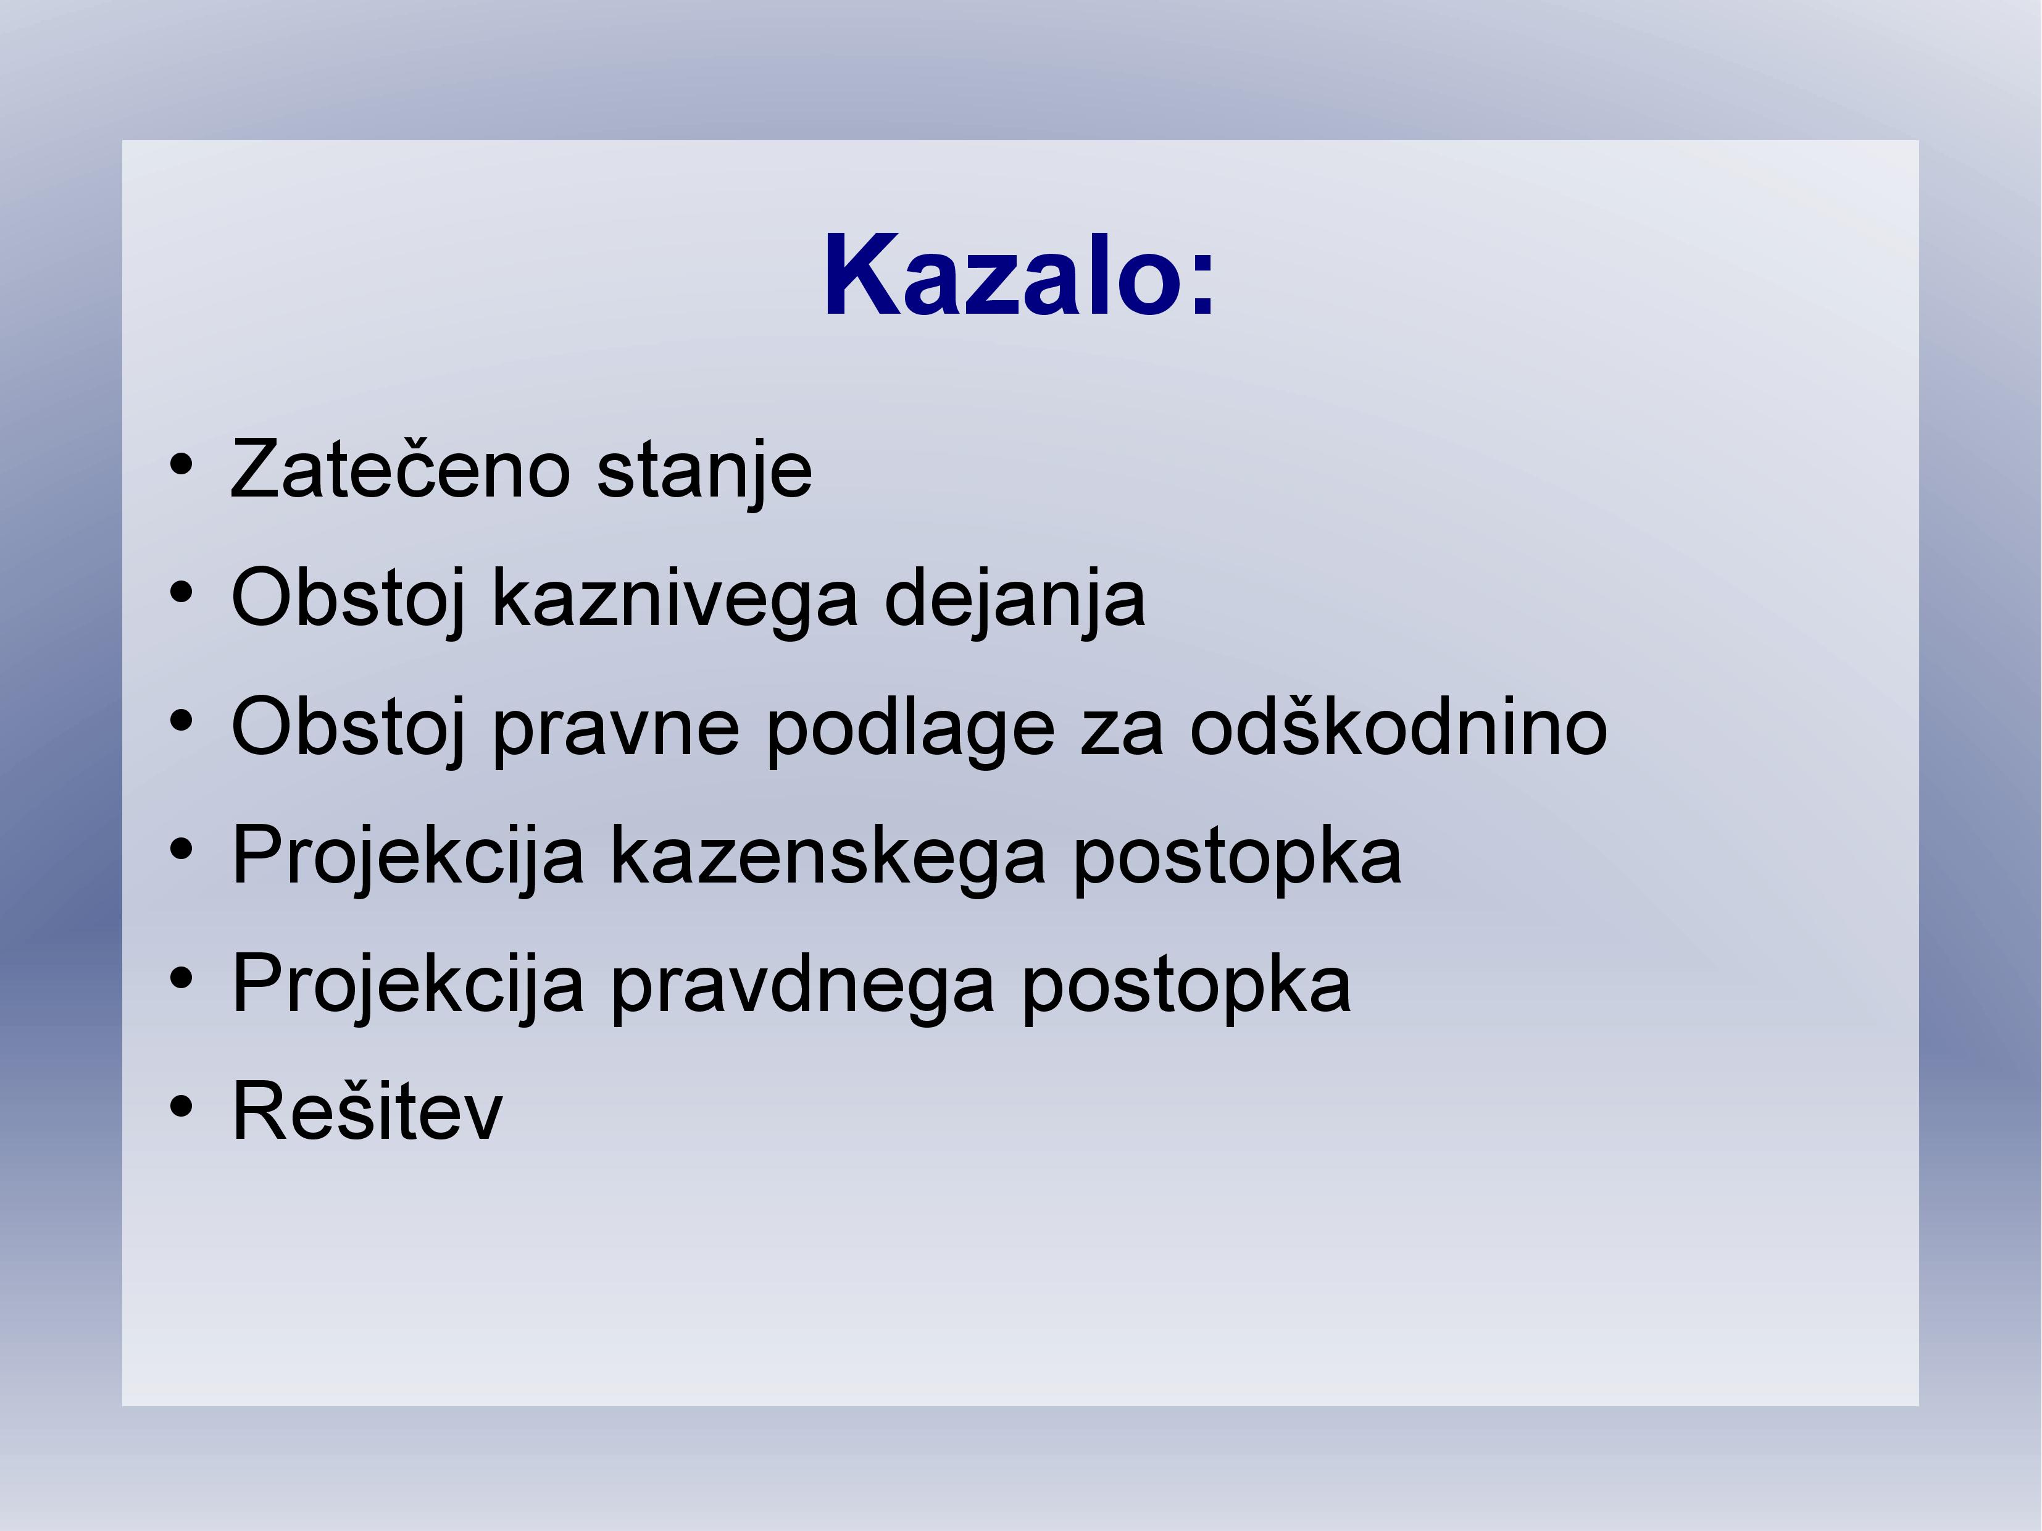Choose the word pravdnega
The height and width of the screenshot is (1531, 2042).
pos(802,985)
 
